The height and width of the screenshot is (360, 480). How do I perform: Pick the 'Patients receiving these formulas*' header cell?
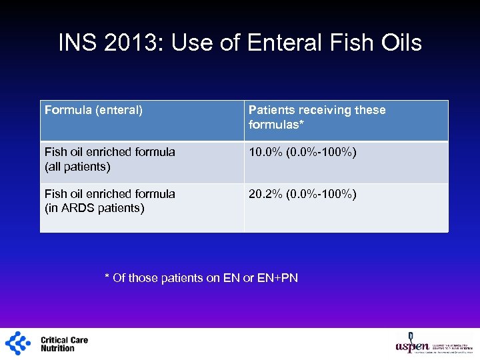[x=317, y=117]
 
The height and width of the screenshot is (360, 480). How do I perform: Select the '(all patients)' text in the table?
[x=77, y=167]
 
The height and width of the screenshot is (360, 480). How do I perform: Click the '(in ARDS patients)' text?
[x=94, y=208]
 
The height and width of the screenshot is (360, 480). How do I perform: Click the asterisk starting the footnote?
[x=107, y=277]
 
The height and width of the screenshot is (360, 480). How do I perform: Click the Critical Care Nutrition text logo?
[x=64, y=344]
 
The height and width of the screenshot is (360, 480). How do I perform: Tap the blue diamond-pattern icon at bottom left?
[x=18, y=343]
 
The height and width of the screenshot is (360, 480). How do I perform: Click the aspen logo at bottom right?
[x=413, y=344]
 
